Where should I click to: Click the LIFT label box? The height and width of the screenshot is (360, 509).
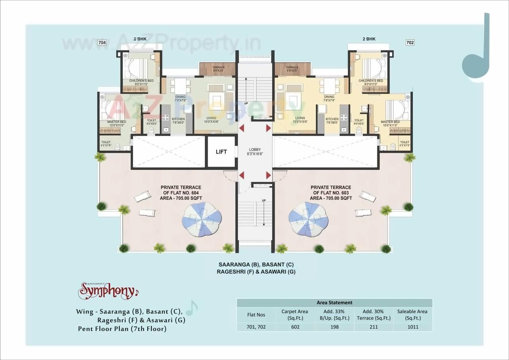tap(221, 152)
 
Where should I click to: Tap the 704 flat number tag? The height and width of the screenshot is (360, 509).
tap(102, 42)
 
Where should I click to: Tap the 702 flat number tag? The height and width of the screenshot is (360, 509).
tap(410, 42)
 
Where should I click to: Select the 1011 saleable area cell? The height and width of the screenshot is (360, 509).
tap(413, 327)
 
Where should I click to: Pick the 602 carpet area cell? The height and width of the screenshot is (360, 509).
tap(295, 327)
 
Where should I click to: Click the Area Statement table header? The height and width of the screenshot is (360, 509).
tap(334, 303)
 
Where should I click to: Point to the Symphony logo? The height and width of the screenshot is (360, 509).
tap(109, 291)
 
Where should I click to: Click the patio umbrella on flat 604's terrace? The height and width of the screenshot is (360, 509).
tap(202, 219)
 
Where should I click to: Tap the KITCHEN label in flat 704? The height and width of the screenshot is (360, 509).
tap(178, 121)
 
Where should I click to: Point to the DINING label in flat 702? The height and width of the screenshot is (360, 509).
tap(329, 99)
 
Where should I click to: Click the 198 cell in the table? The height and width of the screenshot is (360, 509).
tap(334, 327)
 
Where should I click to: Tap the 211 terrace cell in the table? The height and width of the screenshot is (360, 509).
tap(373, 327)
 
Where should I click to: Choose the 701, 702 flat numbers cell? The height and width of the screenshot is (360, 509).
tap(256, 327)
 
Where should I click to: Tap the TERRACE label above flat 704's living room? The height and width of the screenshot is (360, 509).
tap(218, 69)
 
